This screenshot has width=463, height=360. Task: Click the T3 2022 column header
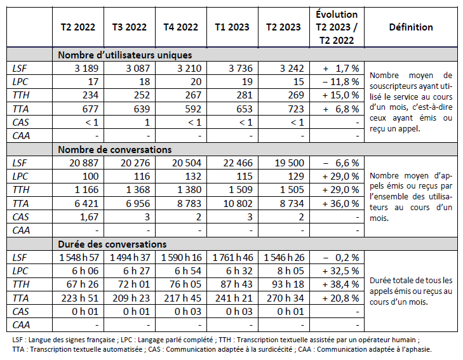129,27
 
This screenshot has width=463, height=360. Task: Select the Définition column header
411,27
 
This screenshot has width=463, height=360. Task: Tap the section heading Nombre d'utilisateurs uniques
124,55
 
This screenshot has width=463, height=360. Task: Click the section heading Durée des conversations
112,244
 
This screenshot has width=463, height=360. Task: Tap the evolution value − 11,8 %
340,82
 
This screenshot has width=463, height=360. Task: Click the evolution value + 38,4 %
340,284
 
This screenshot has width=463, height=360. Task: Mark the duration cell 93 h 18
284,284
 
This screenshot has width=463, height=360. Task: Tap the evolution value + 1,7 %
342,69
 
